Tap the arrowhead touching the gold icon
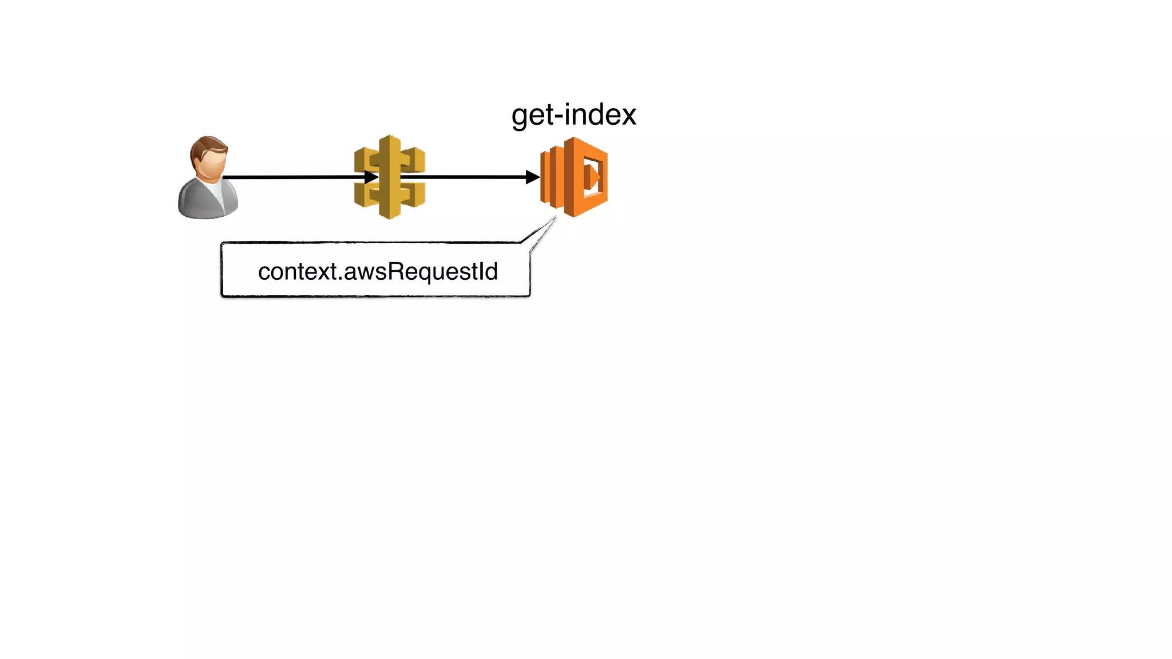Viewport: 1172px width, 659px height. pyautogui.click(x=371, y=177)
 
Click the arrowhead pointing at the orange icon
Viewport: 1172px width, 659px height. pyautogui.click(x=532, y=177)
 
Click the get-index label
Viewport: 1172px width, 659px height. pyautogui.click(x=573, y=115)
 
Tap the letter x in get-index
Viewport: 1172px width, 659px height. pyautogui.click(x=628, y=116)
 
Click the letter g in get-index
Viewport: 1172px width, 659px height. pyautogui.click(x=520, y=117)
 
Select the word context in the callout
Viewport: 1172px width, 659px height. pyautogui.click(x=297, y=272)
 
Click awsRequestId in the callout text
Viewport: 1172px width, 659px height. pyautogui.click(x=421, y=272)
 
